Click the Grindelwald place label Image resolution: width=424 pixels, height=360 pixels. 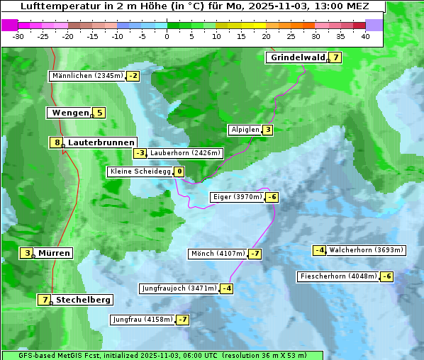tap(297, 57)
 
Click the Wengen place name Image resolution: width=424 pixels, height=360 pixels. tap(70, 113)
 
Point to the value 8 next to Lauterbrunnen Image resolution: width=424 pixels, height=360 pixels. tap(57, 142)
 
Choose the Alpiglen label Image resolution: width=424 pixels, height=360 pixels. tap(245, 130)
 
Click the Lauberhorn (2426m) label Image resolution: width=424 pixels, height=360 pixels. tap(186, 152)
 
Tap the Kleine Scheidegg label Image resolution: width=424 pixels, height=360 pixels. tap(140, 171)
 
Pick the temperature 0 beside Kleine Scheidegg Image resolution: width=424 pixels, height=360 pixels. tap(179, 171)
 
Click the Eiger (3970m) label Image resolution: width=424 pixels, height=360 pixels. tap(238, 197)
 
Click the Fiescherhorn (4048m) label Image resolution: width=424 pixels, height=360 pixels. tap(339, 276)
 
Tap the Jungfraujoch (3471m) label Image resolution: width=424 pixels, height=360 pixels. tap(179, 288)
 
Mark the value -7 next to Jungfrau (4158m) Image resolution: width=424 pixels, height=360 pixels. tap(183, 320)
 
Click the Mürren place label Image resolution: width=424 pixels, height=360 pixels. tap(54, 253)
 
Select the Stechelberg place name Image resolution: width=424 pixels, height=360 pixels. tap(83, 300)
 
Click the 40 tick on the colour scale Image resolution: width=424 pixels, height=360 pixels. tap(365, 36)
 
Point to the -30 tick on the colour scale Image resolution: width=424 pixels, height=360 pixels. tap(18, 36)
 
